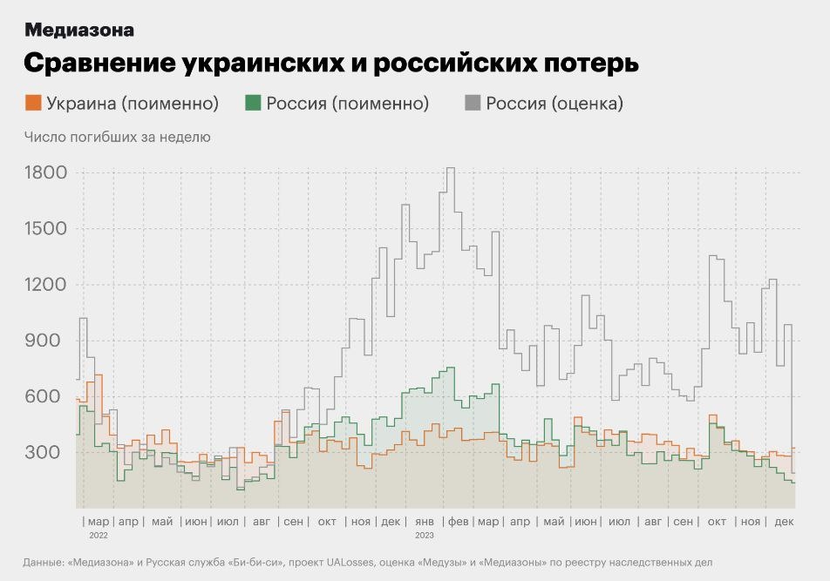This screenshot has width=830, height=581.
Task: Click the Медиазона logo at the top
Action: [79, 30]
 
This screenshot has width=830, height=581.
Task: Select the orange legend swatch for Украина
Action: [33, 103]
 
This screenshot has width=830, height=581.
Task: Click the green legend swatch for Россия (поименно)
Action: [253, 103]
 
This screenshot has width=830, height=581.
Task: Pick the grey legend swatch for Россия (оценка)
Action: [473, 103]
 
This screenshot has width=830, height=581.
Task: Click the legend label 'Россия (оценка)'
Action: [554, 104]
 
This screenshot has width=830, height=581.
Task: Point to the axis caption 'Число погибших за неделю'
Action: [117, 137]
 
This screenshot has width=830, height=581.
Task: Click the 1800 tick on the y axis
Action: [46, 172]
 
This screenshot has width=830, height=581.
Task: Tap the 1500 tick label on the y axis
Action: [46, 228]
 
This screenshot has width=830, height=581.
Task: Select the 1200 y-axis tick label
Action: [46, 285]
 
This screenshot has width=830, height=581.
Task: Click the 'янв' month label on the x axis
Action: [425, 522]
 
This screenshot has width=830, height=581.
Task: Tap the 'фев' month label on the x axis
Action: [458, 522]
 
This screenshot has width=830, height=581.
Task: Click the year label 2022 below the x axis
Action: [99, 535]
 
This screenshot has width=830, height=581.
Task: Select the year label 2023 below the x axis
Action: [425, 535]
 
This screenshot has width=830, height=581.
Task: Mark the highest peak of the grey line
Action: [450, 168]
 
